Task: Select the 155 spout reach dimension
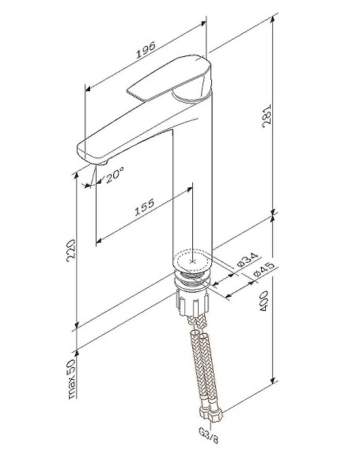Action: coord(143,209)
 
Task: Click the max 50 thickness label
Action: coord(72,378)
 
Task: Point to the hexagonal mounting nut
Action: coord(191,300)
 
